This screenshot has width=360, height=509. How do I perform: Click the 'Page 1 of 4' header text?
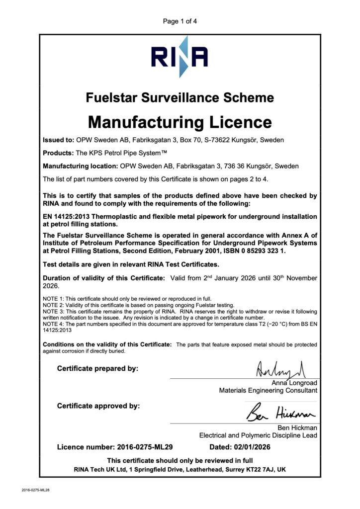(180, 21)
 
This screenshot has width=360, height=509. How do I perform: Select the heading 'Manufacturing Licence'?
(180, 122)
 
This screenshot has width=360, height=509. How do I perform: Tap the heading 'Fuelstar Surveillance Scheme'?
(180, 97)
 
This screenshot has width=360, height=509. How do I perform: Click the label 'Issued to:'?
(59, 140)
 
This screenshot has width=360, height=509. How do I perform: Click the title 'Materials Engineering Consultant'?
(268, 391)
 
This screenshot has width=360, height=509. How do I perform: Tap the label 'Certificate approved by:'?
(98, 406)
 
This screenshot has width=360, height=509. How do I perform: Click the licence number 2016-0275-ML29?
(145, 447)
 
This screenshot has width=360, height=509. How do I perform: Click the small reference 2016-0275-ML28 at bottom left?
(36, 490)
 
